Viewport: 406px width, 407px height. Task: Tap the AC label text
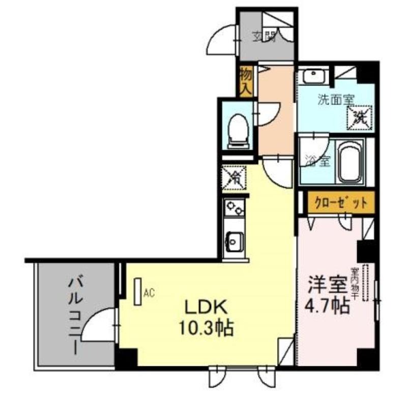coord(149,293)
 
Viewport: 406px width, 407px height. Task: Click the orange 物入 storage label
coord(246,81)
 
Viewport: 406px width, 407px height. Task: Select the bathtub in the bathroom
coord(350,163)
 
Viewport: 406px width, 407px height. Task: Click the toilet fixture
coord(237,128)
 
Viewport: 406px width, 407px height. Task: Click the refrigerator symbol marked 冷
coord(234,178)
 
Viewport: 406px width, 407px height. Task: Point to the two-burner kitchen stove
coord(235,209)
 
